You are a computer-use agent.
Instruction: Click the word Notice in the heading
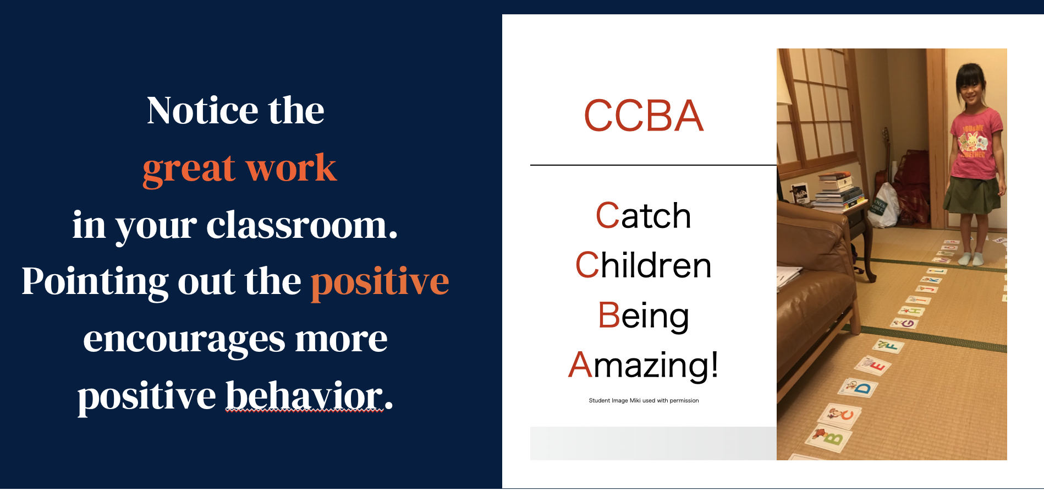click(x=202, y=110)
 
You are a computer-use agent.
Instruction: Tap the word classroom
click(x=302, y=225)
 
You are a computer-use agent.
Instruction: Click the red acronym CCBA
click(x=644, y=116)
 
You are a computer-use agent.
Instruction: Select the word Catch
click(x=644, y=215)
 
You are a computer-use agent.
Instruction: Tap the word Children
click(x=644, y=265)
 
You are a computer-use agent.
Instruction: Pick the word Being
click(x=644, y=315)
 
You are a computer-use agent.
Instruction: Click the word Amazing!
click(x=644, y=365)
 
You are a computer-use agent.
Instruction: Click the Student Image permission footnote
click(x=644, y=400)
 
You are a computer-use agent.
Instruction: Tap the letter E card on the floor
click(x=873, y=365)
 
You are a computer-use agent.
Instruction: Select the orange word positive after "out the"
click(x=380, y=282)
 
